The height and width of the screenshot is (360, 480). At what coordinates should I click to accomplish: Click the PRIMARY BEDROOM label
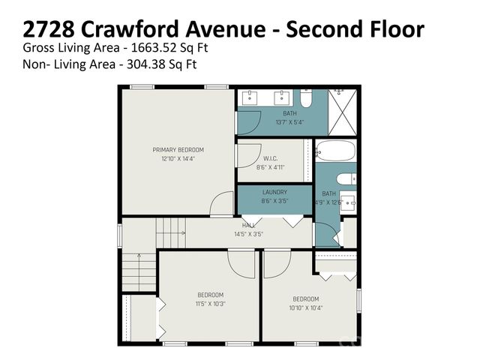(178, 150)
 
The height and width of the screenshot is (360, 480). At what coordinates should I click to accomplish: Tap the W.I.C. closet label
(271, 158)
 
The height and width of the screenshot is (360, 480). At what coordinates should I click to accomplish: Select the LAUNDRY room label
(274, 192)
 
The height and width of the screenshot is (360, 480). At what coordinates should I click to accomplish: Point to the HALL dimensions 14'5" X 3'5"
(249, 234)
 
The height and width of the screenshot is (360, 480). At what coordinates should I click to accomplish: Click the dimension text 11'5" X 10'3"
(210, 304)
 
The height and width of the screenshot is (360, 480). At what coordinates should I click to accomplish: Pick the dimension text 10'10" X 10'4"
(306, 308)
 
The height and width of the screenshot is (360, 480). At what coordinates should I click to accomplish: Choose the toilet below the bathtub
(345, 179)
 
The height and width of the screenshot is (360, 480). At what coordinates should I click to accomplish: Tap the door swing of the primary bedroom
(222, 204)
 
